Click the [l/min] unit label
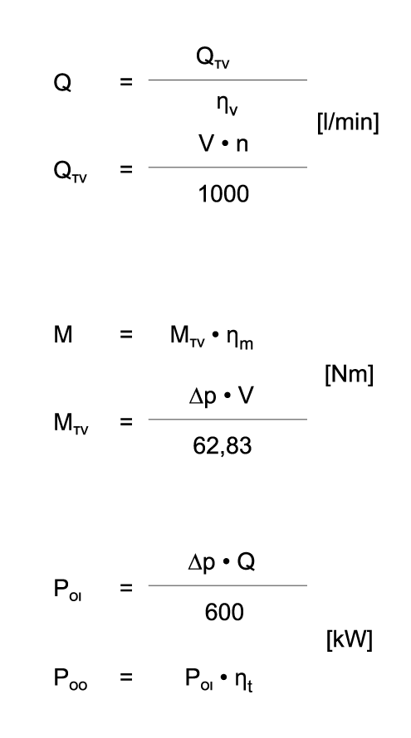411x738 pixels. pos(348,123)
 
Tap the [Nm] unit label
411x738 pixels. pos(350,375)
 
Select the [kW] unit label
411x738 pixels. pos(350,639)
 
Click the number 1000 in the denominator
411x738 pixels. pos(223,194)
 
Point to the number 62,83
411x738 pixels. pos(223,446)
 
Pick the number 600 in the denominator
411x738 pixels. pos(224,612)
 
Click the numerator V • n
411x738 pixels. pos(223,143)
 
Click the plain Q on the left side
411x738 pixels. pos(62,83)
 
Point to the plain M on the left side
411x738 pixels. pos(63,335)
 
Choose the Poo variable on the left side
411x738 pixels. pos(71,678)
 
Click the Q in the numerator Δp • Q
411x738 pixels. pos(246,562)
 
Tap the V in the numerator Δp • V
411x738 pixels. pos(245,396)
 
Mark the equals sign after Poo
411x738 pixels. pos(126,677)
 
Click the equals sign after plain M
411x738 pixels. pos(126,335)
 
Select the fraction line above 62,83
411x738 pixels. pos(228,419)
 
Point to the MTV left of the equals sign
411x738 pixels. pos(71,423)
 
